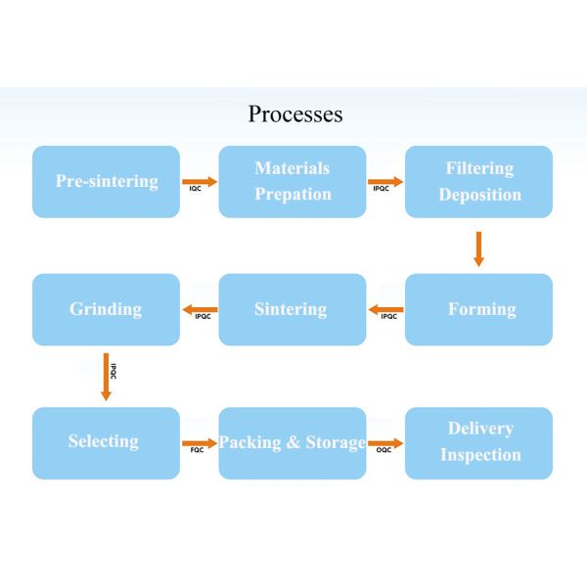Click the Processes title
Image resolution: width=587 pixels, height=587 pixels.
(294, 113)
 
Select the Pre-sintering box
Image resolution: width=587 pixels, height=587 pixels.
(106, 181)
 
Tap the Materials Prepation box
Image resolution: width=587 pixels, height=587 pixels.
(292, 181)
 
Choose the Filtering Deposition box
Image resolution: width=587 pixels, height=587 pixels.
(478, 181)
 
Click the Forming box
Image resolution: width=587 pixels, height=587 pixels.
(478, 309)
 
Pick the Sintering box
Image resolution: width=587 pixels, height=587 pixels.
(292, 309)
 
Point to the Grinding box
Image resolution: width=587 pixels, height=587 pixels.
(106, 309)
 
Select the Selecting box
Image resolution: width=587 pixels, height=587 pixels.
(106, 442)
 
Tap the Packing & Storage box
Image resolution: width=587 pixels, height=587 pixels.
(292, 442)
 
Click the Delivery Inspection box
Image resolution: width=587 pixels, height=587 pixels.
(478, 442)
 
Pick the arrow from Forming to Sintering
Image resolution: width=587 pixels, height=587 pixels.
(385, 310)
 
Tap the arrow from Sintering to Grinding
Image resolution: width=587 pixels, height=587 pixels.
(200, 310)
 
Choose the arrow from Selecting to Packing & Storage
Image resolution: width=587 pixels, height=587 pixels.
(199, 442)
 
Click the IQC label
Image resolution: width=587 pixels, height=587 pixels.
(196, 189)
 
